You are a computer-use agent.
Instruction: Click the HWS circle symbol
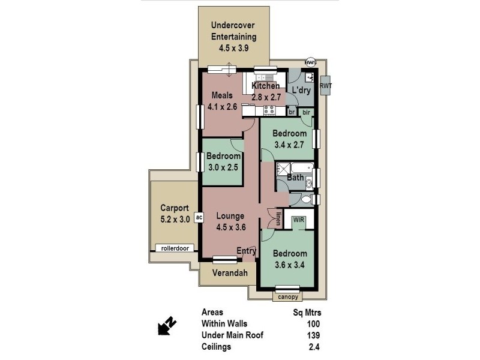click(310, 62)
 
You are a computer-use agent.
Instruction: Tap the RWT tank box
click(325, 86)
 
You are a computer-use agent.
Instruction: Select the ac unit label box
click(199, 217)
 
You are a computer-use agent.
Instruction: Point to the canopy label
click(287, 296)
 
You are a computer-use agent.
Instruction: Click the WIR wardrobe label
click(299, 220)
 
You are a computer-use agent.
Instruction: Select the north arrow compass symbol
click(167, 326)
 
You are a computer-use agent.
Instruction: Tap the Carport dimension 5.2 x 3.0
click(175, 220)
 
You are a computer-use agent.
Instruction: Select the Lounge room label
click(230, 216)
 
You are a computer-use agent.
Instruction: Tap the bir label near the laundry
click(306, 112)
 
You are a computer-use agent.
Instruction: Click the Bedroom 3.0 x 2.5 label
click(223, 161)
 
